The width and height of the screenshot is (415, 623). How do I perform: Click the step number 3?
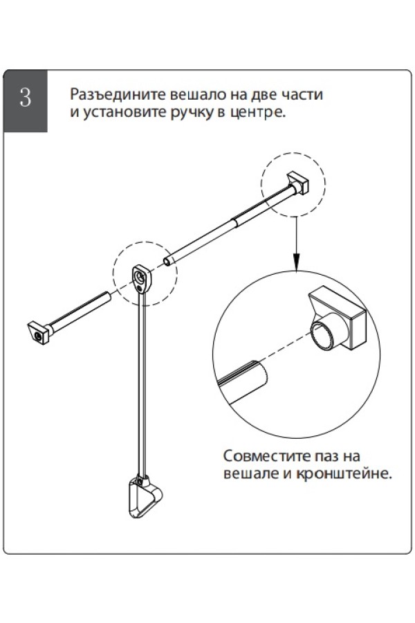(x=25, y=98)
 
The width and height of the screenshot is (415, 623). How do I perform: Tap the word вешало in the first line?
(x=199, y=95)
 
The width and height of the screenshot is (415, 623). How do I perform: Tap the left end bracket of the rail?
(x=39, y=332)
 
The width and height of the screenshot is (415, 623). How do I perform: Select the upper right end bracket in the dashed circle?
(x=297, y=183)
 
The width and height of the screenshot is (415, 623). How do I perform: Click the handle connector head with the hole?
(x=141, y=279)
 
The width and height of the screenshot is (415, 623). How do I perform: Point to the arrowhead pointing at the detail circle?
(x=296, y=262)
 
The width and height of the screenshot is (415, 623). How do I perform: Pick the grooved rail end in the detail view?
(x=242, y=383)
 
